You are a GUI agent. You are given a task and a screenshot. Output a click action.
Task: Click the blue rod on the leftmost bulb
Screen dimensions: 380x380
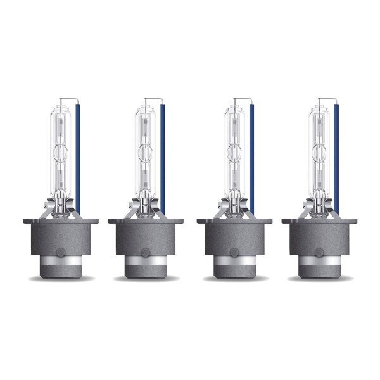(x=79, y=158)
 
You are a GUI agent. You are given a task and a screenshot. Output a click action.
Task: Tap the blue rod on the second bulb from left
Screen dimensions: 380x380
(x=163, y=158)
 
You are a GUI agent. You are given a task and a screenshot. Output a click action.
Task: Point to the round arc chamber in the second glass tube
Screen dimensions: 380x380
(x=146, y=152)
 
